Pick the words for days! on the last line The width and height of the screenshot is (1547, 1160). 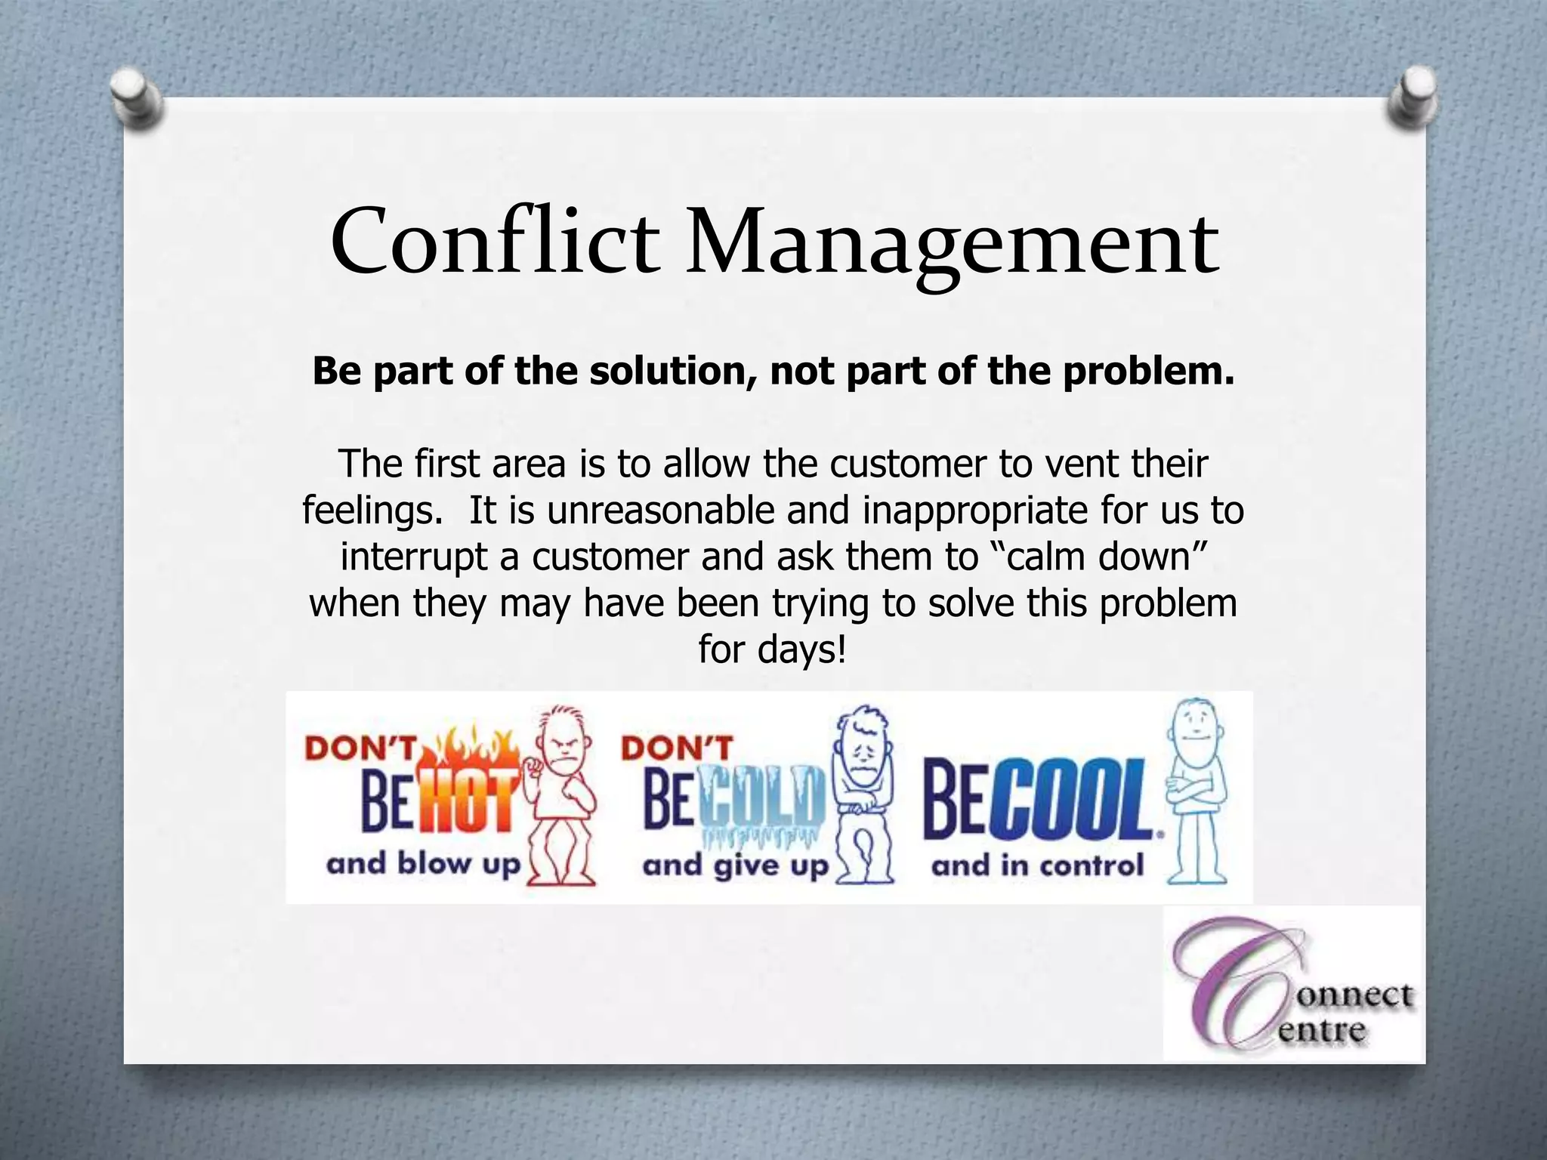coord(773,649)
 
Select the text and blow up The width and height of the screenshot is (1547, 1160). coord(424,863)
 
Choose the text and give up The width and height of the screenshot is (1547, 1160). coord(736,865)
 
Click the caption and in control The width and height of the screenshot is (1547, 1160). coord(1038,865)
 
